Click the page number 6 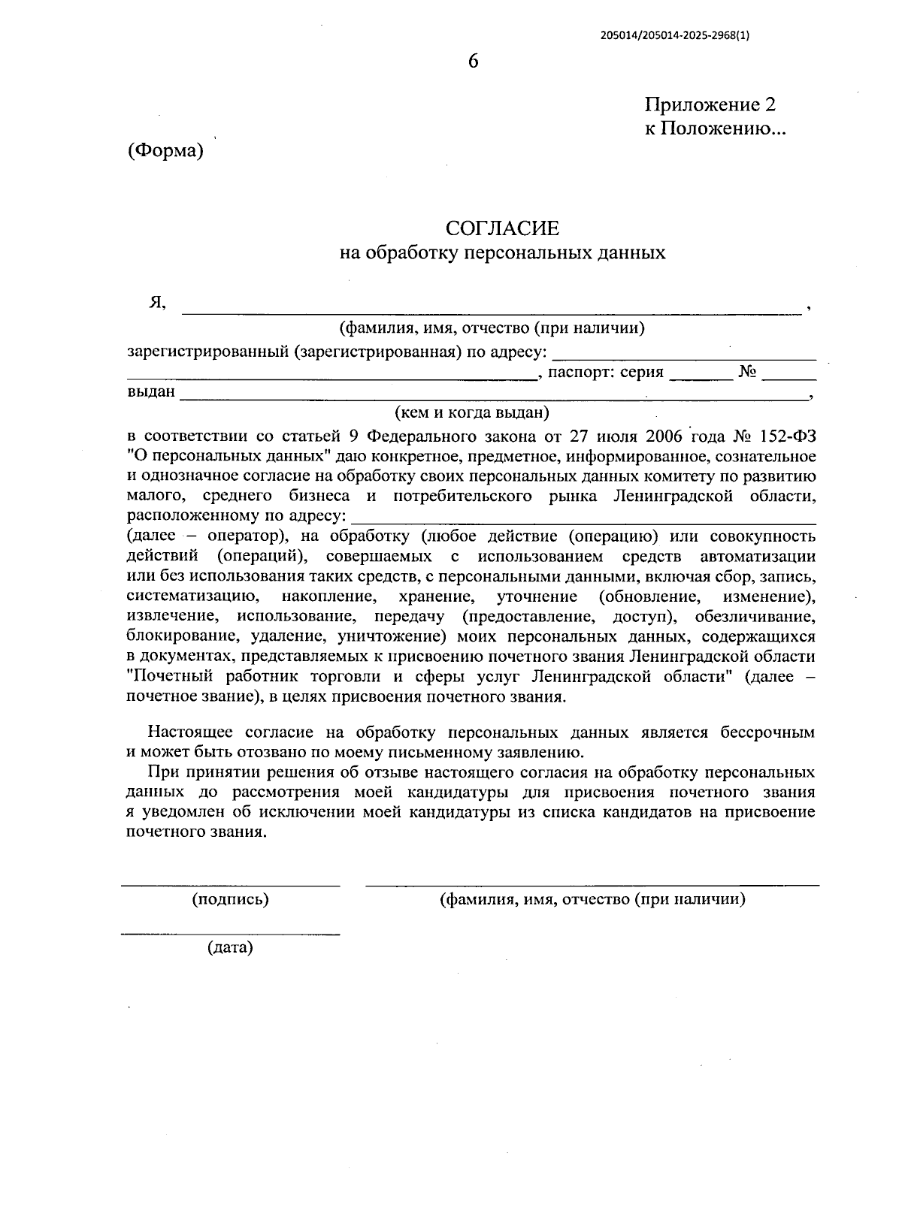coord(473,62)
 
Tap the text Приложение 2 coord(710,104)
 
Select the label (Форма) coord(166,150)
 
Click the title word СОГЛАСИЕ coord(502,228)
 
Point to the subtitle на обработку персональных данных coord(502,252)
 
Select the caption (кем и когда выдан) coord(472,412)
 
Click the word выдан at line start coord(151,392)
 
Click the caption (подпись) coord(231,899)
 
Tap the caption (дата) coord(230,948)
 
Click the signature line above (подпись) coord(231,886)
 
